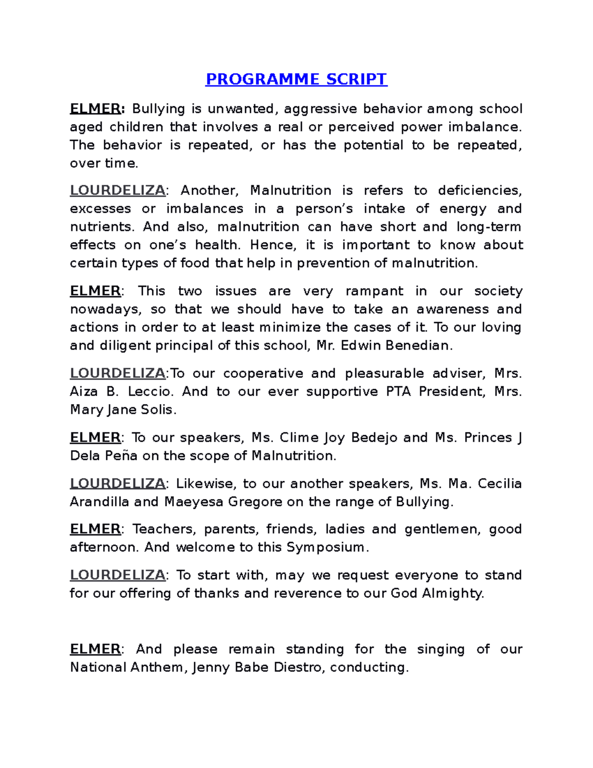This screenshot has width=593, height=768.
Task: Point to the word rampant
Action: pyautogui.click(x=374, y=291)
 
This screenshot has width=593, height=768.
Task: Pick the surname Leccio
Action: pyautogui.click(x=150, y=391)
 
